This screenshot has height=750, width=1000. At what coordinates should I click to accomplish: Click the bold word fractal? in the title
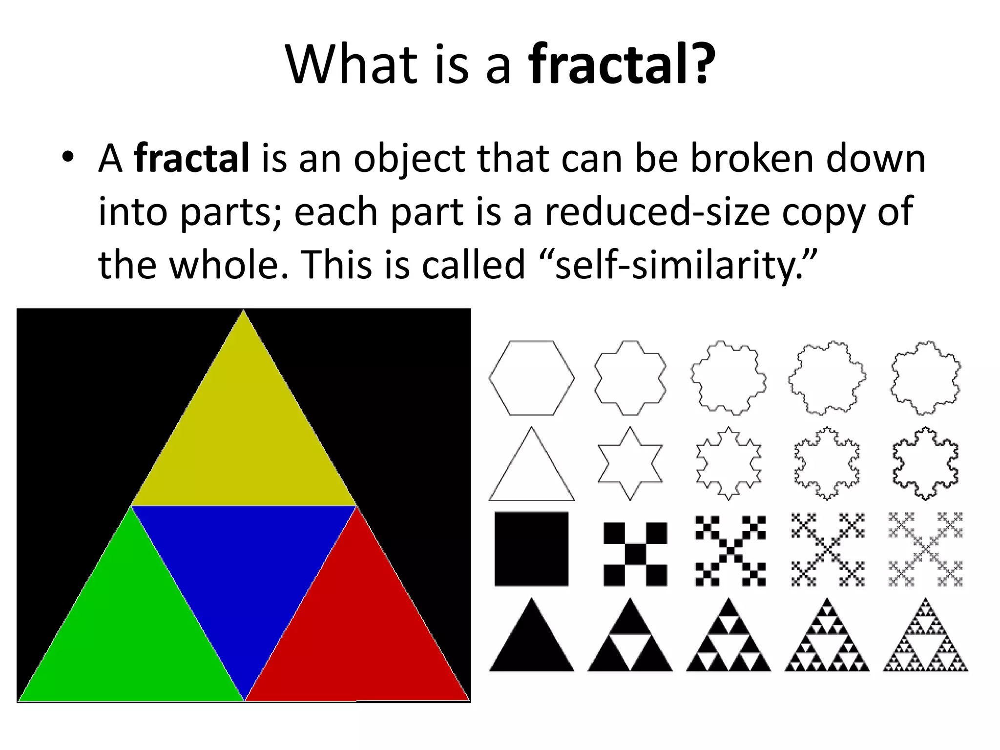[622, 64]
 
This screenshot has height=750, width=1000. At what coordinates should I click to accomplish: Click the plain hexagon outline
[531, 378]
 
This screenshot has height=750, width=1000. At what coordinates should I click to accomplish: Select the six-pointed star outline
[630, 464]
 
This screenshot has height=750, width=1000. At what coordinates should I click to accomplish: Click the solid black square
[531, 549]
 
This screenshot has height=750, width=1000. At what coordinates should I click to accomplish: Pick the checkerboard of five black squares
[635, 554]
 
